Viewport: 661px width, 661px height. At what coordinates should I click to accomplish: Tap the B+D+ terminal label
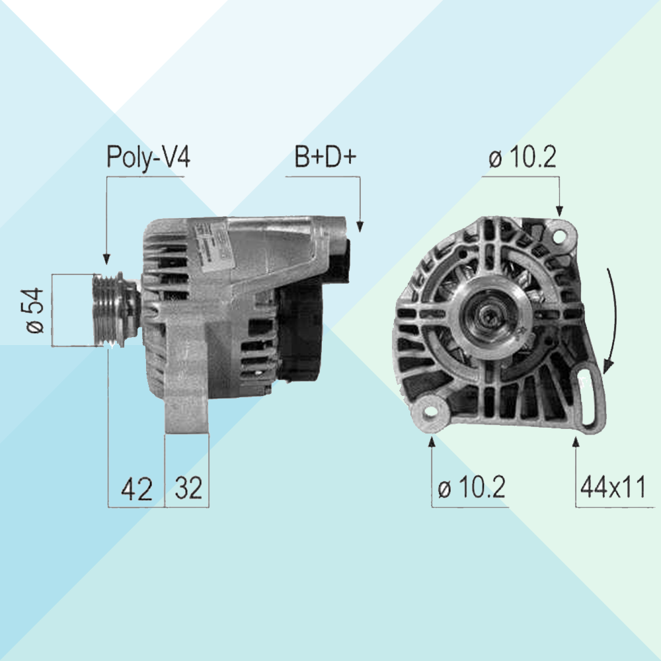325,157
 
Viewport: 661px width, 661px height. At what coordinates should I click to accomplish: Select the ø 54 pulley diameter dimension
36,311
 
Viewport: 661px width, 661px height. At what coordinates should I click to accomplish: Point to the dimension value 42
137,489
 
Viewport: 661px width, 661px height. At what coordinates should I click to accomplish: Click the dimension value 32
188,488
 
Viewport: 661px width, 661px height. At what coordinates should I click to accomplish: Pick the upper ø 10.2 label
522,157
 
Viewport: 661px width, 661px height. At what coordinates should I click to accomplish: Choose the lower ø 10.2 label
472,487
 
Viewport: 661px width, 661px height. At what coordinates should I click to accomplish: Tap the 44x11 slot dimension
613,487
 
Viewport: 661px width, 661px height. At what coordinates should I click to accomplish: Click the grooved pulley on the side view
109,310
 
